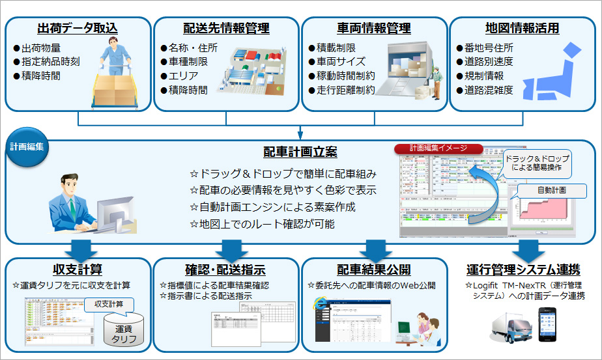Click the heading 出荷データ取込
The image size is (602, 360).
pos(78,28)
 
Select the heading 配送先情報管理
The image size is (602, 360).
pos(226,28)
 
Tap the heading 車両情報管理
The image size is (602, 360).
pos(374,28)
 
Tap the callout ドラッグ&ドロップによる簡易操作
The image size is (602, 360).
pos(536,163)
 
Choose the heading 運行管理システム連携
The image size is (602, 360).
pos(523,269)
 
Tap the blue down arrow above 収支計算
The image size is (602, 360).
pos(78,249)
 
